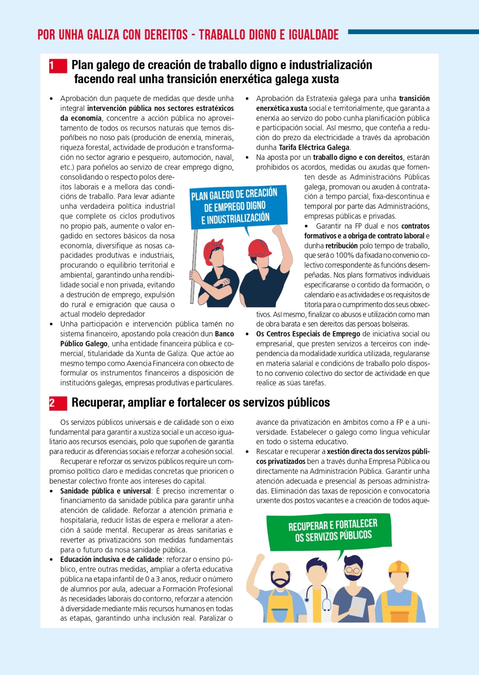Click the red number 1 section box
(58, 66)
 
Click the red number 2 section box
(58, 403)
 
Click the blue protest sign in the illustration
(238, 206)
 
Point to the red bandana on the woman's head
(214, 249)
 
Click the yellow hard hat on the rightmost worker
(398, 567)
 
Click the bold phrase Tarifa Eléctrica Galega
(314, 148)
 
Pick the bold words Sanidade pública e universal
(105, 491)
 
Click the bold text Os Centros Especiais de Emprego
(308, 334)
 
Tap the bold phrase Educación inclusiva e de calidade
(111, 559)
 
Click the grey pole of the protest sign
(194, 266)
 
